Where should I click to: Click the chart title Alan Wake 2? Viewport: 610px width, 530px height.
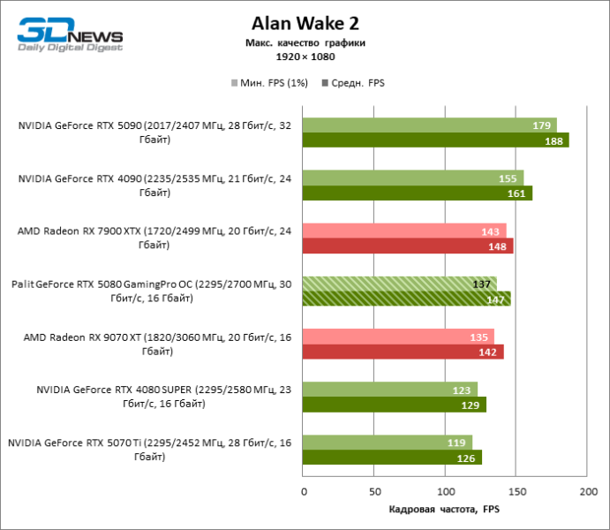click(305, 25)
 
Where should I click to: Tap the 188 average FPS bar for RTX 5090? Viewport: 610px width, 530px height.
click(435, 140)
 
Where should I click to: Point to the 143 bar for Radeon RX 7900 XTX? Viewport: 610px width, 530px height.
click(404, 231)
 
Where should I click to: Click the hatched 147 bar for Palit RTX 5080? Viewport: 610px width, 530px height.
click(407, 299)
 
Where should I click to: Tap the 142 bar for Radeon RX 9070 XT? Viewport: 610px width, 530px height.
click(403, 352)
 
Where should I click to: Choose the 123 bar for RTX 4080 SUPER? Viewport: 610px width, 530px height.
click(390, 390)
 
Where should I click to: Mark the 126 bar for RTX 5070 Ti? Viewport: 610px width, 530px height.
click(392, 458)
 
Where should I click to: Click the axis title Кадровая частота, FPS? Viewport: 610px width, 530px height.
click(444, 511)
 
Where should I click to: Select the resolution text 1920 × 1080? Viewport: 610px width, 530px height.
click(305, 57)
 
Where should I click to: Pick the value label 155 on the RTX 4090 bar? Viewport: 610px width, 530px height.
click(508, 178)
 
